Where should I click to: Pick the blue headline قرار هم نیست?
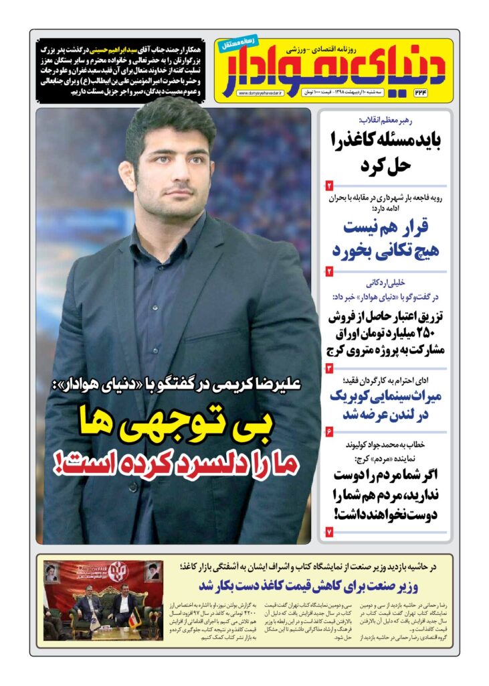tap(387, 226)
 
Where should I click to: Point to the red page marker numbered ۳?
tap(329, 368)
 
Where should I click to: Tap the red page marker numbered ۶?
tap(329, 431)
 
